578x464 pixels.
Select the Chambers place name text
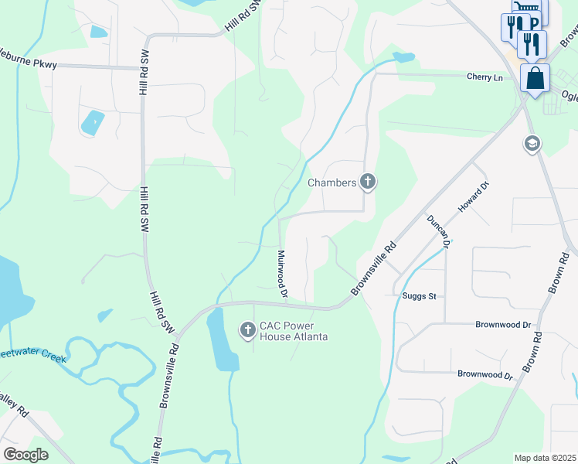click(331, 183)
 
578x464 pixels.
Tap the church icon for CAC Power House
click(247, 331)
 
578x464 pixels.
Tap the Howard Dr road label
click(474, 197)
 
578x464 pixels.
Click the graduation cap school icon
click(532, 144)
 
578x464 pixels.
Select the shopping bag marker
click(535, 78)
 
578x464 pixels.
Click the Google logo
click(25, 455)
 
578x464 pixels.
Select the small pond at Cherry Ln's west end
click(403, 57)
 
